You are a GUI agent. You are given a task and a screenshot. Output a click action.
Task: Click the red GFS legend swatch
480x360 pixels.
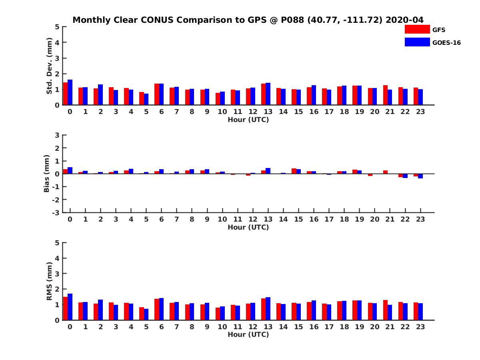point(417,29)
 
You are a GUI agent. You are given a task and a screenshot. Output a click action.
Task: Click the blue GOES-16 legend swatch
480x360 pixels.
point(417,42)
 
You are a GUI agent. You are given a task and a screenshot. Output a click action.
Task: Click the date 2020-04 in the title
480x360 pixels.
point(404,20)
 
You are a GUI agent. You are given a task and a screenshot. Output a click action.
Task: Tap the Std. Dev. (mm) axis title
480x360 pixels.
point(49,66)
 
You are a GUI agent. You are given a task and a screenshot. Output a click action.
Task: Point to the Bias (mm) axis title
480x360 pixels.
point(47,174)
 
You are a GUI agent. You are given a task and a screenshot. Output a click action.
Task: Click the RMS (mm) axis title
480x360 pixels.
point(49,281)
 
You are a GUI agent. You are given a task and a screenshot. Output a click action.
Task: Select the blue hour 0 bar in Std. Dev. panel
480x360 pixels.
point(70,92)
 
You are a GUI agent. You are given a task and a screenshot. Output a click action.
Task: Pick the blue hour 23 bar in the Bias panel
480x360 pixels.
point(420,176)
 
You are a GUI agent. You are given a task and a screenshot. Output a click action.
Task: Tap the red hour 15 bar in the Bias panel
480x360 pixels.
point(294,171)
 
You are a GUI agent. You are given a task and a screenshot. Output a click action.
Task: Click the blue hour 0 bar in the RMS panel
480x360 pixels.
point(70,307)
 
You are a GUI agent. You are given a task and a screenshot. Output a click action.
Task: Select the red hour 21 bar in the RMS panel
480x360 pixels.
point(385,310)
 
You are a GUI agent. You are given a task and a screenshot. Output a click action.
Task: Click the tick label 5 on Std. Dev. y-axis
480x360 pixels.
point(57,27)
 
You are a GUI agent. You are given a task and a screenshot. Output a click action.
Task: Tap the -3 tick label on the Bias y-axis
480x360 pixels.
point(56,212)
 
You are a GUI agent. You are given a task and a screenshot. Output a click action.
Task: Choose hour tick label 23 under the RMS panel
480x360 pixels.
point(420,326)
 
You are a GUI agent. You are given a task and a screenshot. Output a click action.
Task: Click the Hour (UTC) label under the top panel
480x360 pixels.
point(248,120)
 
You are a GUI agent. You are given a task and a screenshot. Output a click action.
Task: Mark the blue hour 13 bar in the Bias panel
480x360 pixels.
point(268,171)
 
